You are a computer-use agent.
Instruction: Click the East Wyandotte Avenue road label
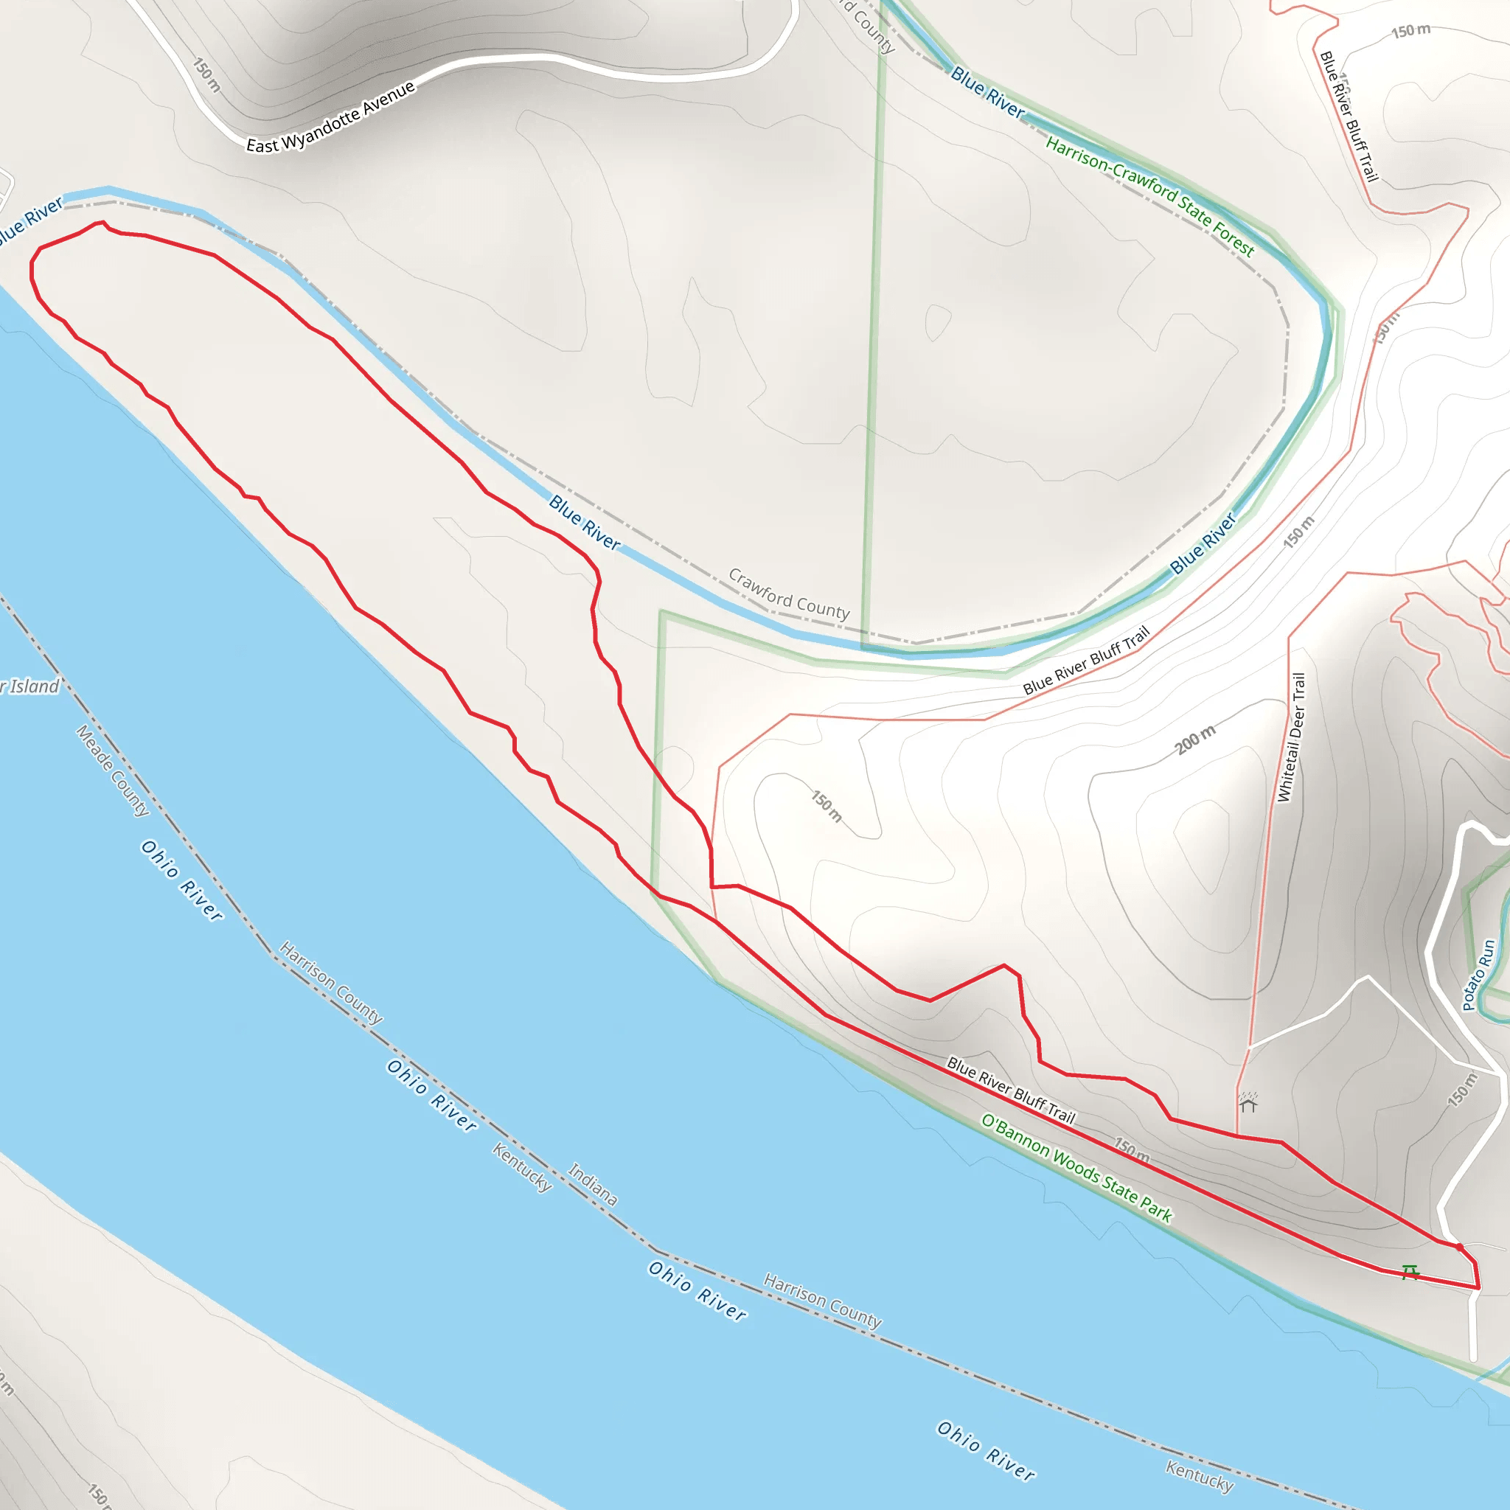(330, 118)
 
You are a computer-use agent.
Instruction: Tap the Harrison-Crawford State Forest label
(1149, 197)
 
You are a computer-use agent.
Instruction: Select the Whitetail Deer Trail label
(1291, 737)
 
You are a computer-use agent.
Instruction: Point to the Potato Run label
(1478, 975)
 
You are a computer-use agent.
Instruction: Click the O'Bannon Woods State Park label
(1076, 1169)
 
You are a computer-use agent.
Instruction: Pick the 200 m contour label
(1195, 739)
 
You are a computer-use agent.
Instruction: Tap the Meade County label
(113, 770)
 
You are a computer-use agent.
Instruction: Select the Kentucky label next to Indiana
(522, 1167)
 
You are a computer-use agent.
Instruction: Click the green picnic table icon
(1410, 1273)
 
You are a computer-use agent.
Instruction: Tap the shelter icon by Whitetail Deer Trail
(1248, 1102)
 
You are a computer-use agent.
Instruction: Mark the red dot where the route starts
(1459, 1248)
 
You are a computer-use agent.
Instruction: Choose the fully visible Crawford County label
(789, 594)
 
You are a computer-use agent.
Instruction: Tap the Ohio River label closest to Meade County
(182, 880)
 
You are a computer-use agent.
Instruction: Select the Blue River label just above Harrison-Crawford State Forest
(987, 92)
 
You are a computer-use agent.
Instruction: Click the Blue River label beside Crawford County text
(585, 522)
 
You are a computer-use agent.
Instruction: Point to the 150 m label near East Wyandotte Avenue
(207, 75)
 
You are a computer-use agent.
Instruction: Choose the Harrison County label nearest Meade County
(331, 982)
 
